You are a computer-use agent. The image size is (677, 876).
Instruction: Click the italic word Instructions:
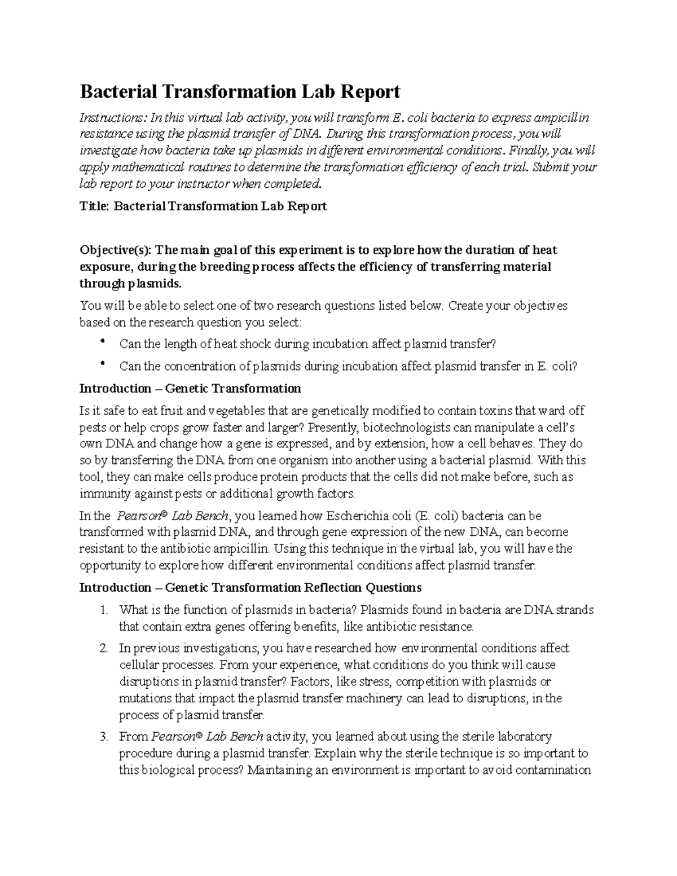[x=113, y=118]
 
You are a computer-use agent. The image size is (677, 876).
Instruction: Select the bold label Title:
[x=94, y=206]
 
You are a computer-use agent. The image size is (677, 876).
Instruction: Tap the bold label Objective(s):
[x=116, y=250]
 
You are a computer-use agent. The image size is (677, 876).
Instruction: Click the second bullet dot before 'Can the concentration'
[x=102, y=365]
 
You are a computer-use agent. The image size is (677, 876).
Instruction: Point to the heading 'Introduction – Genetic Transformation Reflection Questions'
[x=250, y=588]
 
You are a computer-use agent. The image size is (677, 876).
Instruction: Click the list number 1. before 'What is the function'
[x=103, y=610]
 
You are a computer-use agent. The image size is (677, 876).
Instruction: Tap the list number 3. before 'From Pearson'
[x=103, y=737]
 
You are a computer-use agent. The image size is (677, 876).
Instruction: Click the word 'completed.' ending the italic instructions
[x=291, y=184]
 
